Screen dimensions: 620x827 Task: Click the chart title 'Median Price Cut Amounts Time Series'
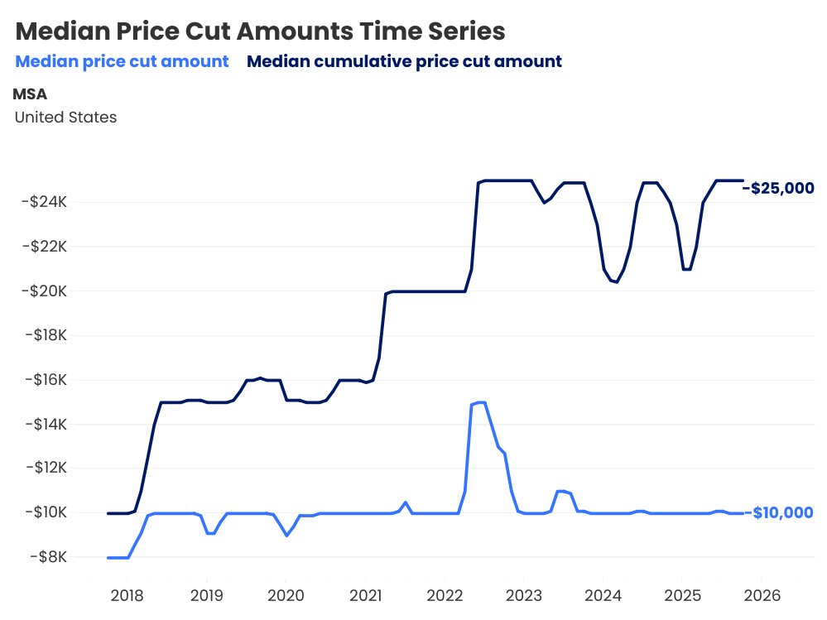[260, 31]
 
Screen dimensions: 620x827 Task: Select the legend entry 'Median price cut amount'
[122, 61]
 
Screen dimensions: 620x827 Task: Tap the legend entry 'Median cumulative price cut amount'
[404, 61]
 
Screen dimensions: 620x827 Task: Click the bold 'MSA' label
[30, 94]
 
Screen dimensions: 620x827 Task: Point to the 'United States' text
[65, 118]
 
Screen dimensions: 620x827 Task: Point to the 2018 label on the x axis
[127, 595]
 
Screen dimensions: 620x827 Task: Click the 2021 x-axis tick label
[365, 595]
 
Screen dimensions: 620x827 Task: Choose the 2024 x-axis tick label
[603, 595]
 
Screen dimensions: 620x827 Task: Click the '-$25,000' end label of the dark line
[779, 189]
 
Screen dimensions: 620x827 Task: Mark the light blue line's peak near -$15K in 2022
[479, 402]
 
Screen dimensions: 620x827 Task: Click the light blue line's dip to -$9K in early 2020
[286, 536]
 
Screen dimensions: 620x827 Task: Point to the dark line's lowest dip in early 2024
[617, 282]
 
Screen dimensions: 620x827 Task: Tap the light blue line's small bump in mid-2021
[405, 502]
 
